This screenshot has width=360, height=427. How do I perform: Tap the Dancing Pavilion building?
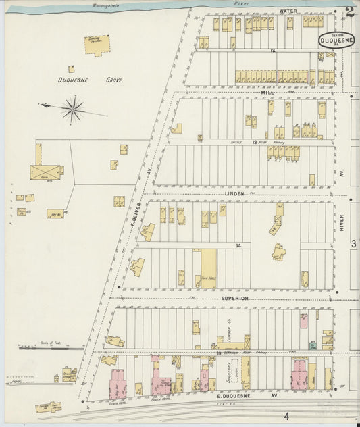[x=97, y=45]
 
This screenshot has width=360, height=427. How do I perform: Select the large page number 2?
[x=349, y=11]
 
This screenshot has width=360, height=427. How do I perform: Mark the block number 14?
[x=238, y=245]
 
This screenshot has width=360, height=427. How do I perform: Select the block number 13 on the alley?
[x=255, y=143]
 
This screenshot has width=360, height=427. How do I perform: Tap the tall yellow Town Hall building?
[x=208, y=268]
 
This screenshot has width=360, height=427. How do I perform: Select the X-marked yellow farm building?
[x=45, y=170]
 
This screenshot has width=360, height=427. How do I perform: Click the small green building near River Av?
[x=313, y=345]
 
